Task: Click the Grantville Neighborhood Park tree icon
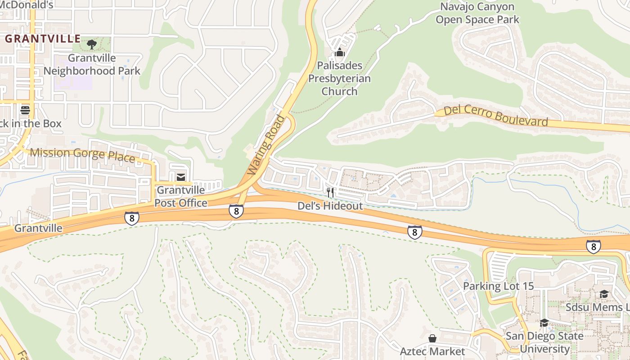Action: pos(92,44)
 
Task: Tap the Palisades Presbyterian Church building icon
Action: pos(340,53)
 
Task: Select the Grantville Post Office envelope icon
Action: pos(180,177)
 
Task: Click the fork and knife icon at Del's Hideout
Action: pos(330,193)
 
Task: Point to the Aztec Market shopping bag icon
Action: pos(432,338)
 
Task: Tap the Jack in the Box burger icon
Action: pos(25,110)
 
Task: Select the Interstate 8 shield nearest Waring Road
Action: pos(236,211)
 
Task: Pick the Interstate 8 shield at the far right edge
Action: pos(593,246)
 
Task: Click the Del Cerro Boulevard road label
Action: pos(495,116)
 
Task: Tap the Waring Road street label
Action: pos(266,145)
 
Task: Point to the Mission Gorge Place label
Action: pos(82,155)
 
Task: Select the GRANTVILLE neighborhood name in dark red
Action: pos(43,39)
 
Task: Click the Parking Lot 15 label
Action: pos(498,286)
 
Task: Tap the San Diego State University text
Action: pos(544,342)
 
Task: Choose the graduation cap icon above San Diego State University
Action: pos(544,323)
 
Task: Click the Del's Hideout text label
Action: pos(330,206)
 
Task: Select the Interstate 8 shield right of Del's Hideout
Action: pos(414,232)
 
